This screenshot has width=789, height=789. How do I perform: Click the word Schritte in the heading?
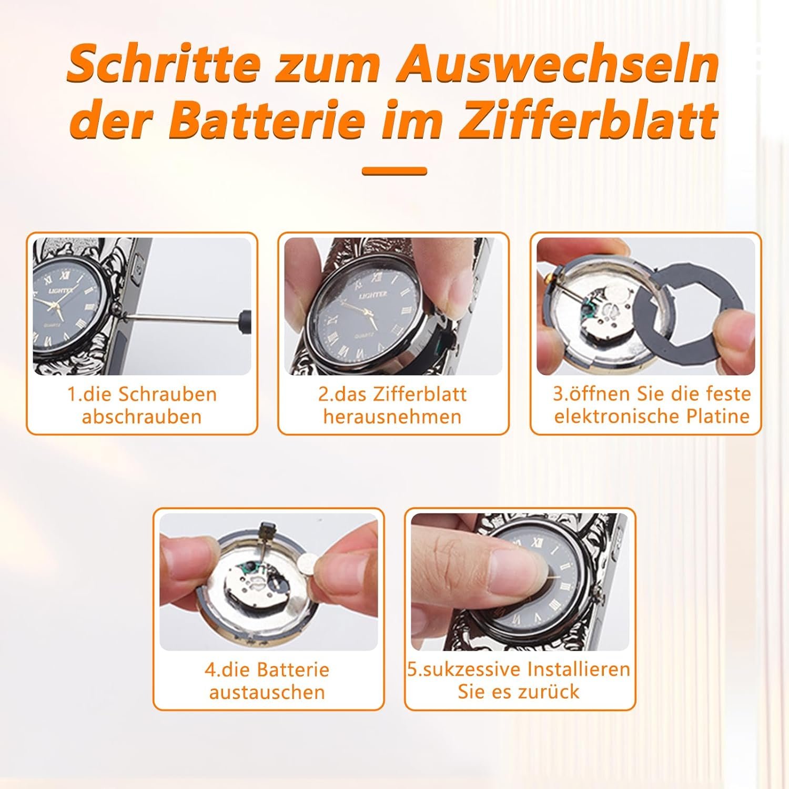[164, 64]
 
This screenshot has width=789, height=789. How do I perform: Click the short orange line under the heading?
[394, 171]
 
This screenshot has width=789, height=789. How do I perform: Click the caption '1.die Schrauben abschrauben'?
[142, 405]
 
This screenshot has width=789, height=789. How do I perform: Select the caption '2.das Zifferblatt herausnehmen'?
[393, 405]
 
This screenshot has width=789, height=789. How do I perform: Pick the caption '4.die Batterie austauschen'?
[267, 681]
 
